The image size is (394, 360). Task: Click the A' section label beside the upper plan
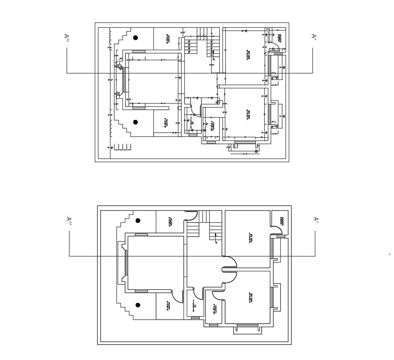pyautogui.click(x=314, y=37)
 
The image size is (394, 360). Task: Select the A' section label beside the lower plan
pyautogui.click(x=316, y=220)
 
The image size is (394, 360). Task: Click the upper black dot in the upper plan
pyautogui.click(x=136, y=38)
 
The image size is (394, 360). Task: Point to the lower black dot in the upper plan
pyautogui.click(x=136, y=122)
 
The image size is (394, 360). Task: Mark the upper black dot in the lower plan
pyautogui.click(x=138, y=220)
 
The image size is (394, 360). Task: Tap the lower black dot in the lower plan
pyautogui.click(x=138, y=305)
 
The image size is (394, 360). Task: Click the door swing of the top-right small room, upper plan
pyautogui.click(x=274, y=47)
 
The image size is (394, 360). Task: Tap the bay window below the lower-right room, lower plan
pyautogui.click(x=248, y=327)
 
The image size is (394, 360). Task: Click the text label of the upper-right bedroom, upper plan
pyautogui.click(x=248, y=55)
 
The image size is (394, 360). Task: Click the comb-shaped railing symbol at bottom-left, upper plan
pyautogui.click(x=122, y=147)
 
